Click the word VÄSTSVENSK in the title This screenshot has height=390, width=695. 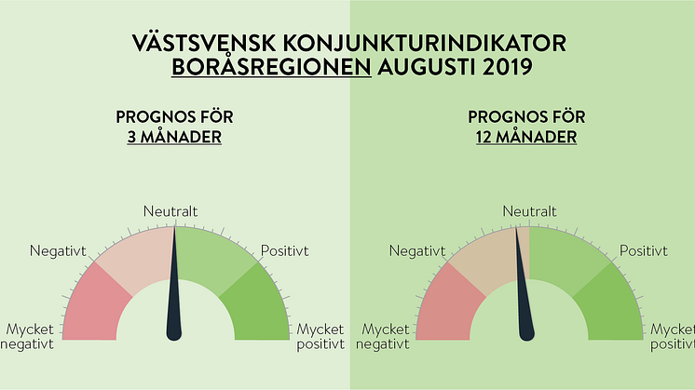[x=205, y=44]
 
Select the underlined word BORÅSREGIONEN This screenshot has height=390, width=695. [x=271, y=67]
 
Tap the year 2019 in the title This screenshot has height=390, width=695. [x=507, y=67]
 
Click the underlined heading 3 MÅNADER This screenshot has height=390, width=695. [x=174, y=137]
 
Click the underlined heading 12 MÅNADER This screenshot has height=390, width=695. [x=526, y=137]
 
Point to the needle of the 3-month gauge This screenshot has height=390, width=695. [x=174, y=283]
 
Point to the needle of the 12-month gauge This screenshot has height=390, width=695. [x=522, y=283]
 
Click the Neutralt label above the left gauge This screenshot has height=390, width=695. [x=170, y=211]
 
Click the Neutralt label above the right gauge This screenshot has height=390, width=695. [x=529, y=211]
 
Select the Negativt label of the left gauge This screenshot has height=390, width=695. [x=58, y=251]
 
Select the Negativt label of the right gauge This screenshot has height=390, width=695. [x=417, y=251]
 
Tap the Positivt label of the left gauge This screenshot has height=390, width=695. [x=284, y=250]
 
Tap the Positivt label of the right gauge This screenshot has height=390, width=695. [x=643, y=250]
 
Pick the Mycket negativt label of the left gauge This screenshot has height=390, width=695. [x=27, y=336]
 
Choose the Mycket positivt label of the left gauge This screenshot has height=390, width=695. [x=320, y=336]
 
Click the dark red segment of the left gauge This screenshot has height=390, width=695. [x=94, y=305]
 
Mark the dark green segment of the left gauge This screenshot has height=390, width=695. [x=256, y=305]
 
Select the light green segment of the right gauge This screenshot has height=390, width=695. [x=568, y=257]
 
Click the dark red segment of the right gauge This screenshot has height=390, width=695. [x=448, y=305]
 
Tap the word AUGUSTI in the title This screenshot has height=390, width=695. [x=426, y=67]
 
